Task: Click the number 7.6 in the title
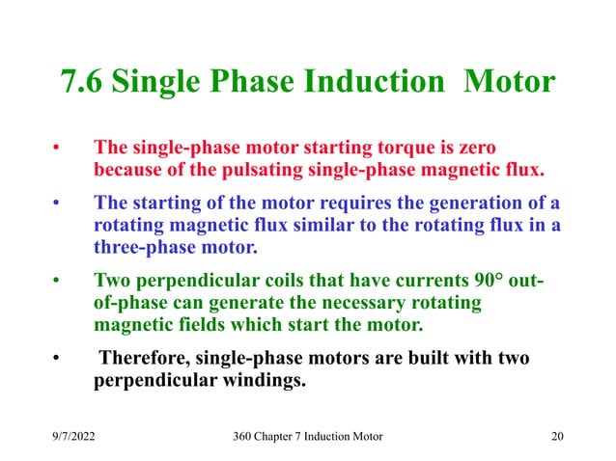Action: pyautogui.click(x=82, y=82)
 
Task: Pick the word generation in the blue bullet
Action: pyautogui.click(x=475, y=204)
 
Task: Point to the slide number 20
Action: pyautogui.click(x=556, y=437)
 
